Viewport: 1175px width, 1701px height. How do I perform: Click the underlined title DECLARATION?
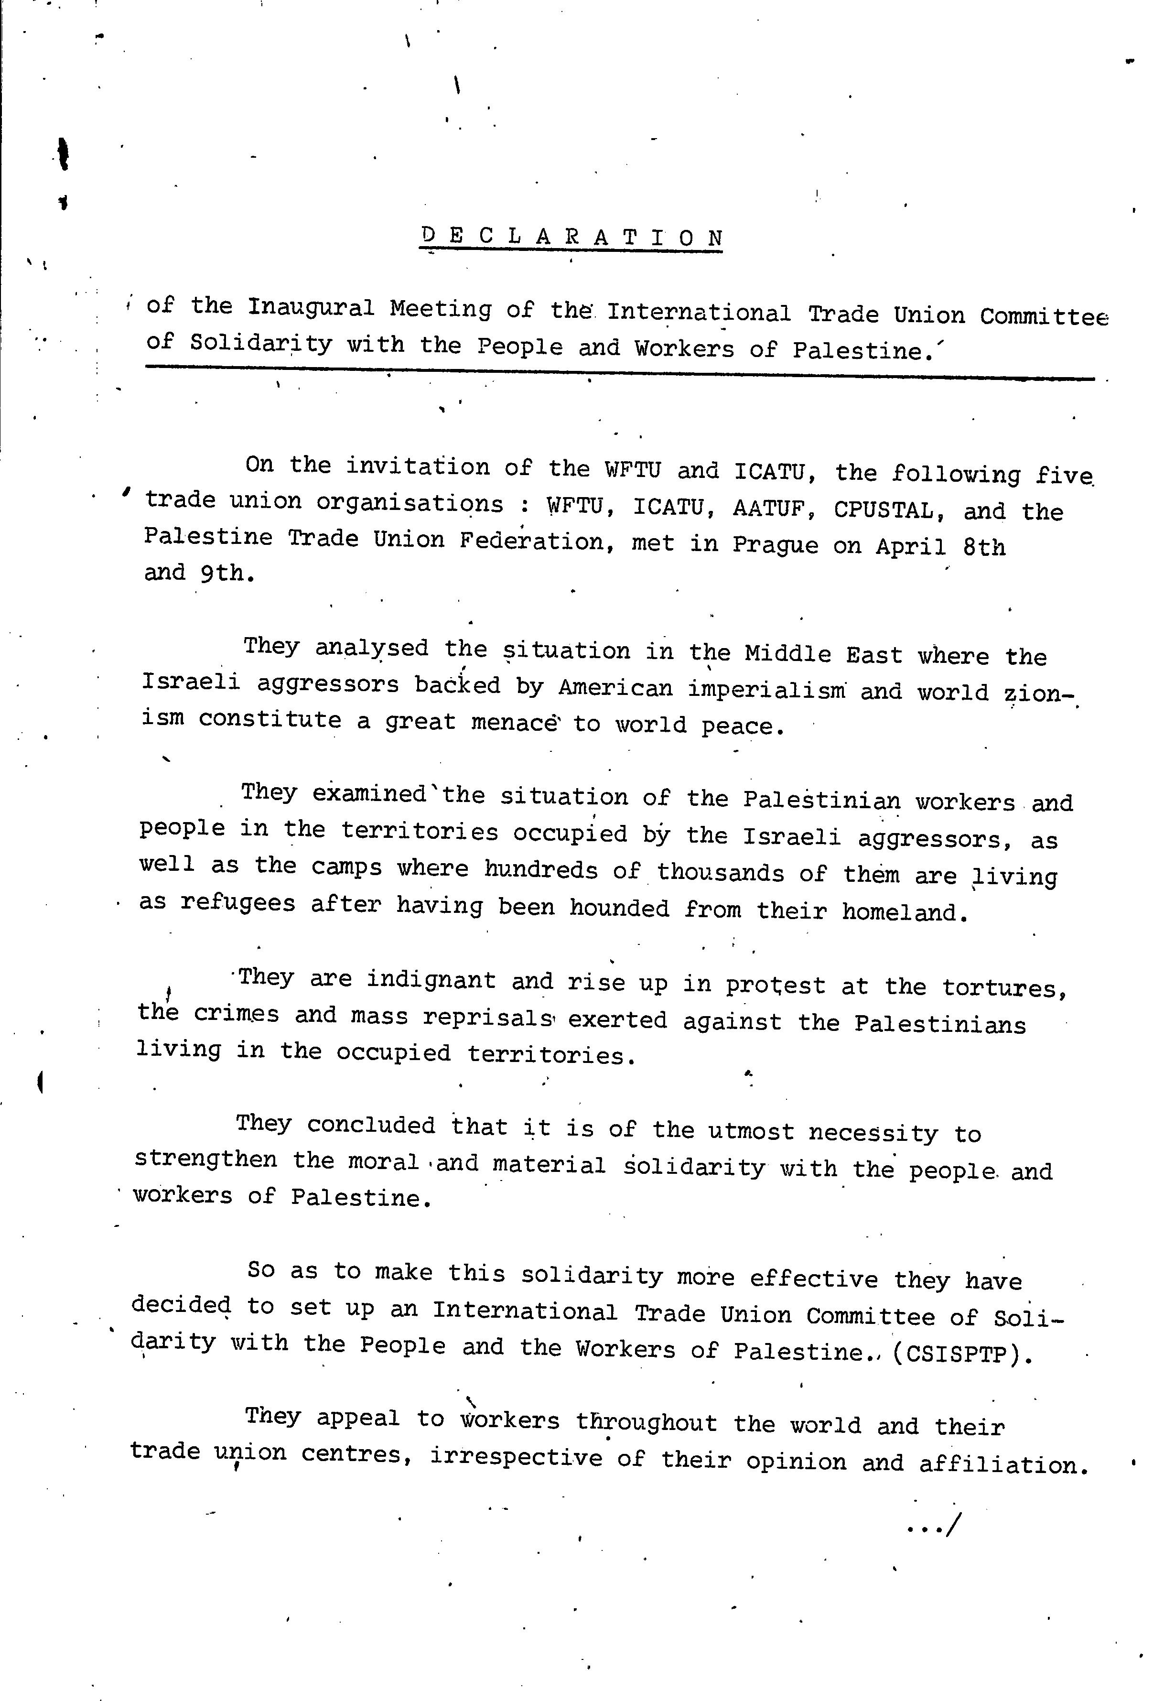[x=572, y=237]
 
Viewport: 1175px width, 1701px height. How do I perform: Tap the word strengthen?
[x=205, y=1160]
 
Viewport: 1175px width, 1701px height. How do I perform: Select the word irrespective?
[x=516, y=1457]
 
